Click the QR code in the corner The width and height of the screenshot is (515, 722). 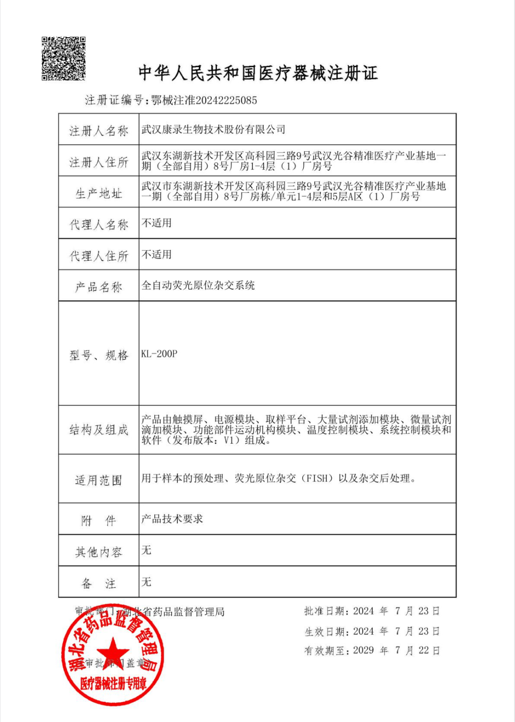click(x=63, y=58)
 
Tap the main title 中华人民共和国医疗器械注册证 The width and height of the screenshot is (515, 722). click(x=258, y=73)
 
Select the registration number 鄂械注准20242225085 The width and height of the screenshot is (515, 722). click(x=204, y=100)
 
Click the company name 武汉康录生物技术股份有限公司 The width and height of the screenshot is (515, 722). click(x=213, y=129)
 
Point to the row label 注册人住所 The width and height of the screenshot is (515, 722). click(x=99, y=162)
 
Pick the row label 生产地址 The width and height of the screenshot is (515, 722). click(x=99, y=193)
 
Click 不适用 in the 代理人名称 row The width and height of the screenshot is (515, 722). click(x=156, y=223)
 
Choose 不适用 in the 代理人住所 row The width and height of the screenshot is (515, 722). click(x=156, y=255)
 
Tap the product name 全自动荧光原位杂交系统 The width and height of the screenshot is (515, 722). click(x=198, y=286)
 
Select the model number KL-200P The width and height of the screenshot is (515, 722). click(x=159, y=354)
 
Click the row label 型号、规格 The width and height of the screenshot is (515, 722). click(x=99, y=355)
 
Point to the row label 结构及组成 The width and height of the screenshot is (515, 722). click(x=99, y=430)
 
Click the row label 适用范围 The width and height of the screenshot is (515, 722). click(x=99, y=480)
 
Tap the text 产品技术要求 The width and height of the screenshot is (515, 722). click(x=172, y=519)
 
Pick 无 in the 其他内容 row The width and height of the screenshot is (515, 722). click(x=146, y=550)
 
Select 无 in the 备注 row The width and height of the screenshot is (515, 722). click(x=146, y=582)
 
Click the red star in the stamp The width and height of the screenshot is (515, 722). click(x=113, y=651)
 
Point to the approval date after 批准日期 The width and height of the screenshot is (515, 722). click(x=396, y=611)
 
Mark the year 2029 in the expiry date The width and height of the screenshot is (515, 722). click(x=363, y=650)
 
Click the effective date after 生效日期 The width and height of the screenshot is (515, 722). click(x=396, y=631)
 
